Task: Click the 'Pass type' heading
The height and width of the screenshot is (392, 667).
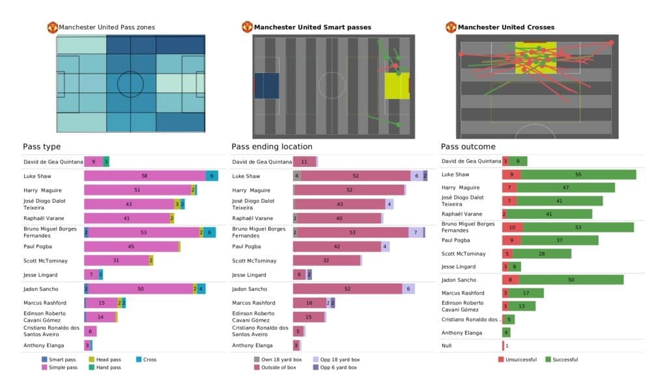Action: pos(42,147)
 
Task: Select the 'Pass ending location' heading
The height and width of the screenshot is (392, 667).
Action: pos(272,147)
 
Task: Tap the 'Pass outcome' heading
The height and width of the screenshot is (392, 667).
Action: pos(468,147)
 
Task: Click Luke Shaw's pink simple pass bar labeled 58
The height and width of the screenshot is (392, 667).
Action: pos(145,176)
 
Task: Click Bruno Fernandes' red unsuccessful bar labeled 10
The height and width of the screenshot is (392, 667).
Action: pos(512,227)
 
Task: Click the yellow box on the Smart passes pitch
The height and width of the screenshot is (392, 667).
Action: pos(397,86)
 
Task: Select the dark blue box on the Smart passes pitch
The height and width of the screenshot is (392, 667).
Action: pos(266,86)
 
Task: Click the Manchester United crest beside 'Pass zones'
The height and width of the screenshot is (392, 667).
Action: pos(52,27)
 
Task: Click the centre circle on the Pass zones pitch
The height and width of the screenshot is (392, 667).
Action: pos(130,84)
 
